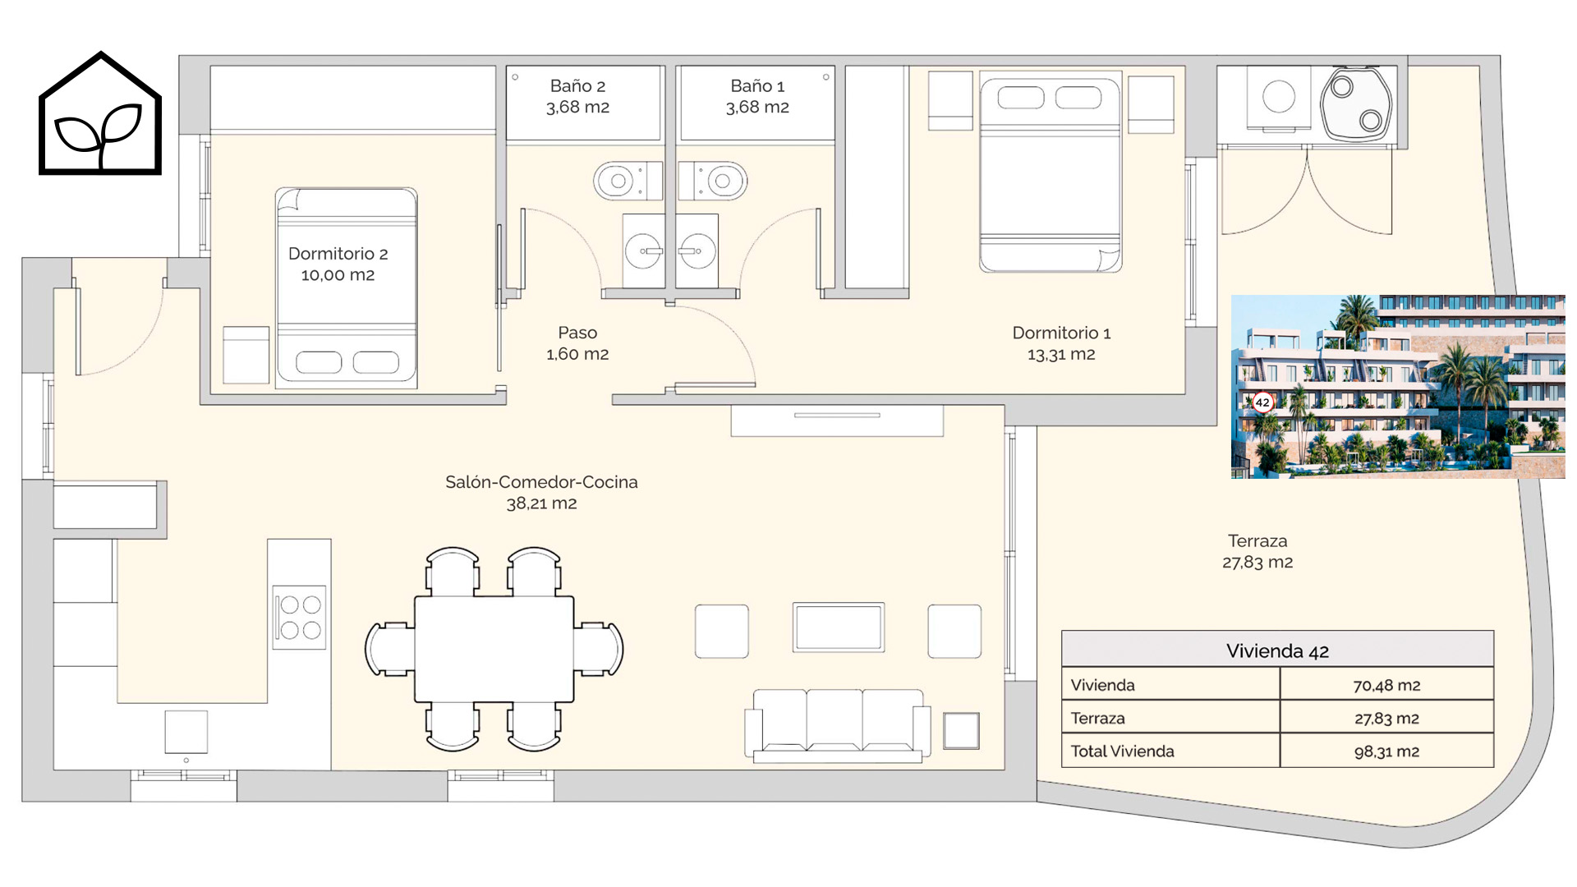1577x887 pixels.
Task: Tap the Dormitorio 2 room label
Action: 338,264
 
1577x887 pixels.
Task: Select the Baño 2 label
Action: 577,96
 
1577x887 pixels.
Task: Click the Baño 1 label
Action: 757,96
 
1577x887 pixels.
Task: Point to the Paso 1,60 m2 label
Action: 577,343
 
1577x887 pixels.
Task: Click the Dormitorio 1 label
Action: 1061,343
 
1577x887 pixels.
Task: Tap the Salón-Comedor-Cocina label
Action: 541,492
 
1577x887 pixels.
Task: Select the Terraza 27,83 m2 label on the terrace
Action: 1257,551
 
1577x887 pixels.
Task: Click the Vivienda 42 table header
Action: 1277,650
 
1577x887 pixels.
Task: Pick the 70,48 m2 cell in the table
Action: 1386,685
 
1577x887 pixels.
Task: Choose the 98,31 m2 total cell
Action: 1386,751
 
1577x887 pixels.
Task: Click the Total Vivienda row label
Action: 1122,751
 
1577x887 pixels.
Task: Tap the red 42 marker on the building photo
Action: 1262,402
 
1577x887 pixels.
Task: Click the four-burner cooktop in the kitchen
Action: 300,618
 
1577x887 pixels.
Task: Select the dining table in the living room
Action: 494,649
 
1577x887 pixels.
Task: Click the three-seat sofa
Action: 837,724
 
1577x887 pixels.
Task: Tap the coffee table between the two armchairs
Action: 838,627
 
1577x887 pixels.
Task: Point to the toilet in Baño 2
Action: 628,181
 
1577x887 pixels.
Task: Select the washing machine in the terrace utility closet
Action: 1279,99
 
